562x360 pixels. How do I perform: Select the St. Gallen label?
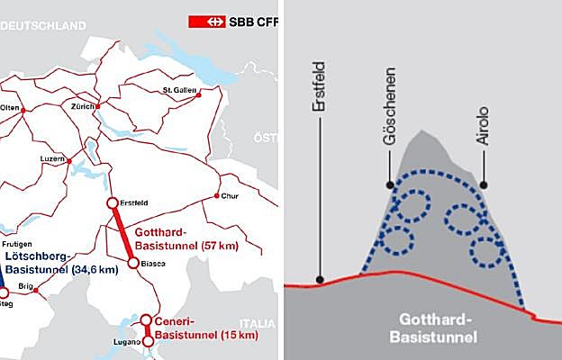coord(178,90)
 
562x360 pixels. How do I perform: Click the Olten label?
coord(10,107)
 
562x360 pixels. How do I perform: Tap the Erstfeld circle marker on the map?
coord(113,203)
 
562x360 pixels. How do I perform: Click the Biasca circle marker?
coord(133,264)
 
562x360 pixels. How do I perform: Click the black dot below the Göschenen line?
coord(389,184)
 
